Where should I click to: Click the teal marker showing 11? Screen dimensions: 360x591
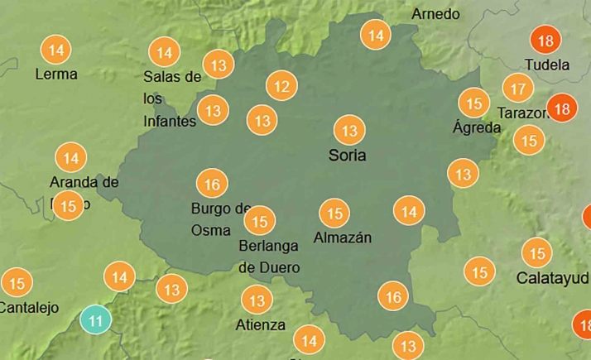97,319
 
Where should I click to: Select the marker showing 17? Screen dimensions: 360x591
518,88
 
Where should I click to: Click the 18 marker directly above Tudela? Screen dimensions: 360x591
545,41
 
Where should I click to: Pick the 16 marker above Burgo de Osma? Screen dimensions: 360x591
212,184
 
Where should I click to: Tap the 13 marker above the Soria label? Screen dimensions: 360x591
349,130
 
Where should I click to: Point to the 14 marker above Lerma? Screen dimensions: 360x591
55,50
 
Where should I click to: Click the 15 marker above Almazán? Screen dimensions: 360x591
335,214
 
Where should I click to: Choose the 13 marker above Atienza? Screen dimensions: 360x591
257,300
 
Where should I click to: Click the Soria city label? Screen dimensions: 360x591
348,155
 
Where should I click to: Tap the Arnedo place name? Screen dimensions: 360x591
435,14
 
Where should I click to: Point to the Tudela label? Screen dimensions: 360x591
547,65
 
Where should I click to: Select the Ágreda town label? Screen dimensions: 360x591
477,127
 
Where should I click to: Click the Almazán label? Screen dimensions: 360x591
343,238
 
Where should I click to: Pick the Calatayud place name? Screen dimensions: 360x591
552,277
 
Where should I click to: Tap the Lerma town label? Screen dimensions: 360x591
56,74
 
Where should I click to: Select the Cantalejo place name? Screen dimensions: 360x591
29,308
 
